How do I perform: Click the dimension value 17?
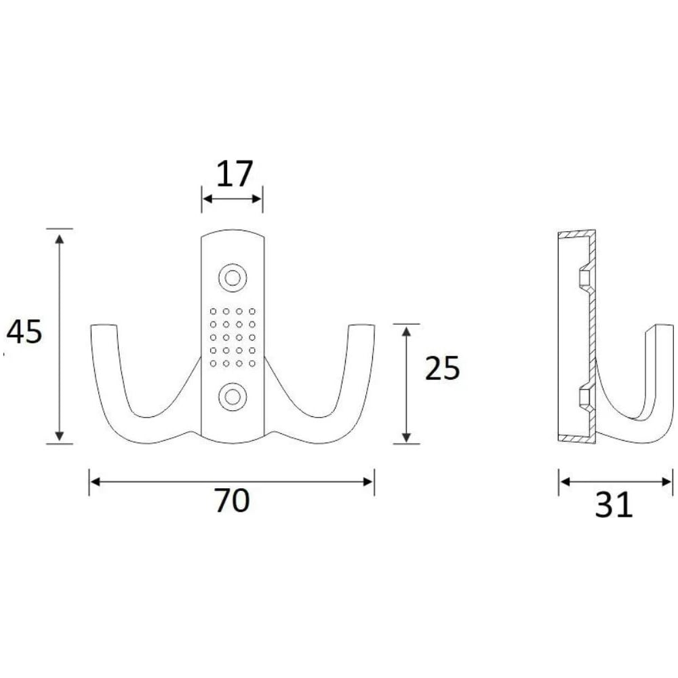click(234, 174)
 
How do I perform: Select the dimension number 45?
click(24, 332)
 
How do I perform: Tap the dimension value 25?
click(442, 368)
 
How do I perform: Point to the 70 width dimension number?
click(232, 500)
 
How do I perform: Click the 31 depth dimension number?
click(614, 504)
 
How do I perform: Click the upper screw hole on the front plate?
click(233, 278)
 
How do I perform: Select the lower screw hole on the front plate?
click(233, 397)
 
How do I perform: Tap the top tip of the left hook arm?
click(104, 325)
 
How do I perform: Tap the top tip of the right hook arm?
click(361, 325)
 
